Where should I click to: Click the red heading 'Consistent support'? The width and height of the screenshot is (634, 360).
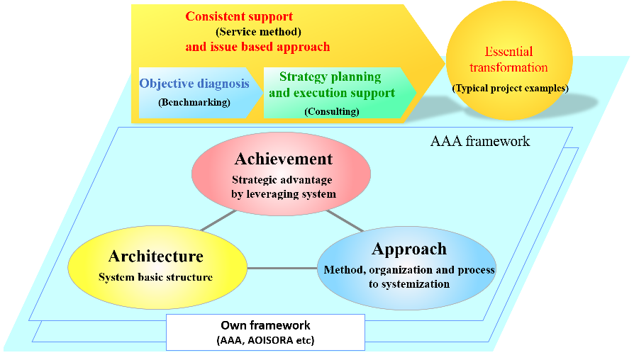coord(239,16)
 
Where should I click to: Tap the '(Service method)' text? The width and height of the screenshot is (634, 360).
coord(258,32)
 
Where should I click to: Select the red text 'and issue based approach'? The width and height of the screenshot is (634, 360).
coord(257,47)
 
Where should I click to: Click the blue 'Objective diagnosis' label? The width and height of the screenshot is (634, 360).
coord(194,84)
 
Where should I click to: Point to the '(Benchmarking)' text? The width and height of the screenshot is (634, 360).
coord(194,102)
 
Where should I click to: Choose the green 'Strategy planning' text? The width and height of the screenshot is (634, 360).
coord(330,77)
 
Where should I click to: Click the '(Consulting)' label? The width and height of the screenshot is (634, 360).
coord(331,111)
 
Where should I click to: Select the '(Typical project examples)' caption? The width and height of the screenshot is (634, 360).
coord(510,89)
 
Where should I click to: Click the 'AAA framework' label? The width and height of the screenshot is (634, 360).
coord(480,141)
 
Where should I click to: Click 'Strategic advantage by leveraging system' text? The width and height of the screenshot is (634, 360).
coord(282,186)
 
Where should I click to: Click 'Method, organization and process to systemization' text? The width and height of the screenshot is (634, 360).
coord(408,276)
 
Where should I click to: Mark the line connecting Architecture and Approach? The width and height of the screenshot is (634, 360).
coord(282,269)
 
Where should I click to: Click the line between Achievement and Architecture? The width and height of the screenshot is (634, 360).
coord(217,220)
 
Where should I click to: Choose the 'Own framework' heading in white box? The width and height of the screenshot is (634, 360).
coord(265,326)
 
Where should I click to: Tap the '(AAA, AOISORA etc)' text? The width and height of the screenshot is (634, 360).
coord(265,340)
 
